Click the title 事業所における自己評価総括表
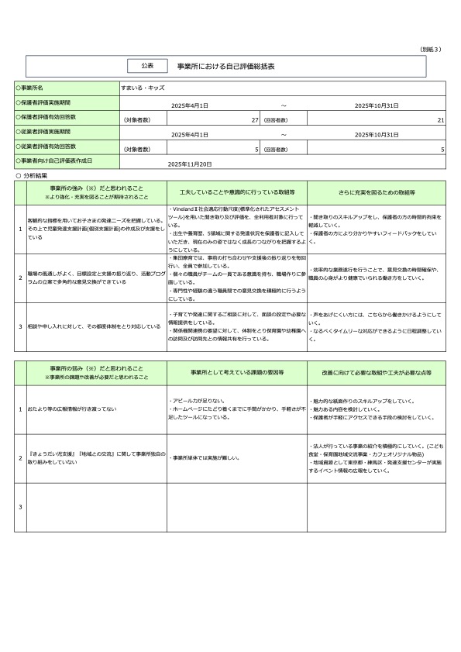click(226, 67)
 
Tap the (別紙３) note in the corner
click(430, 48)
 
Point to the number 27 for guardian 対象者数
click(254, 120)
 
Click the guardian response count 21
click(440, 120)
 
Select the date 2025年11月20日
click(190, 164)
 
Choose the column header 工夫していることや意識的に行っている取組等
click(236, 191)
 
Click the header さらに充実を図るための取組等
click(376, 191)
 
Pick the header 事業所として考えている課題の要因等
click(236, 372)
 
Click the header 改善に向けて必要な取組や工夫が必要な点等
click(376, 372)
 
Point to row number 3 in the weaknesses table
click(20, 507)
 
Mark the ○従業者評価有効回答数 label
click(47, 146)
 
